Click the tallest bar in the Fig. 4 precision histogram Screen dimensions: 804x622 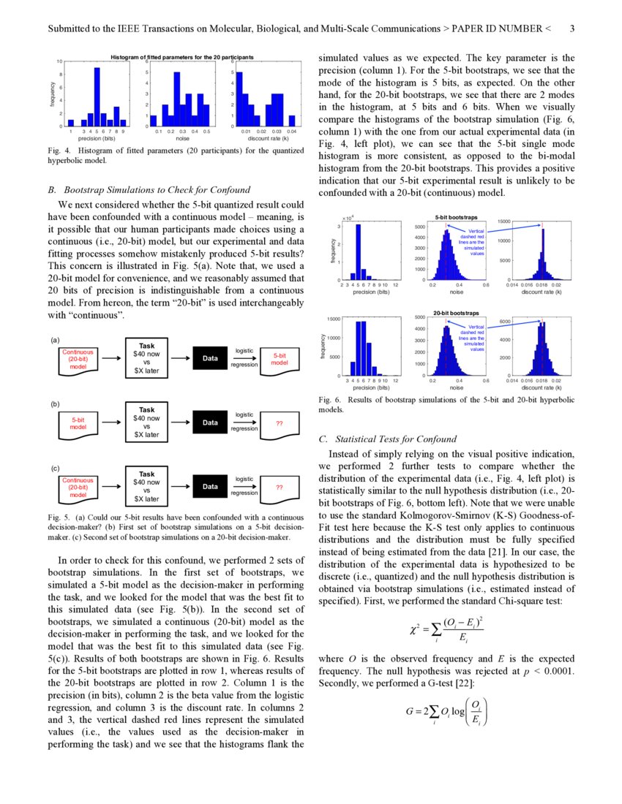(x=97, y=97)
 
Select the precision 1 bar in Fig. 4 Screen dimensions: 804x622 (x=71, y=123)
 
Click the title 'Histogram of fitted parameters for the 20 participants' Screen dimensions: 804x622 (x=182, y=57)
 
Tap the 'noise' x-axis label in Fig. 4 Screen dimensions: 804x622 (x=182, y=138)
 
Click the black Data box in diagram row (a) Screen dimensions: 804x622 (x=210, y=358)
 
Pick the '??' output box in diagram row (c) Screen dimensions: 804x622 (x=280, y=487)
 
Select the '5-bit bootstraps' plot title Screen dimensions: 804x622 (x=457, y=218)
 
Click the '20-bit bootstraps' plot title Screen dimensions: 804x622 (x=457, y=313)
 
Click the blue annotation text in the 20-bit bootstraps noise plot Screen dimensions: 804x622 (x=476, y=338)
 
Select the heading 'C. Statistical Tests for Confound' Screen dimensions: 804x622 (x=388, y=439)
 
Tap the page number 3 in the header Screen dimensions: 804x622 (x=572, y=29)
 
